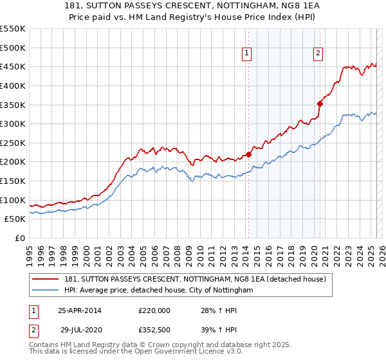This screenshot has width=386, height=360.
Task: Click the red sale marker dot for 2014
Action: (248, 154)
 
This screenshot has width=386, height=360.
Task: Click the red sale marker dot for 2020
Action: (319, 103)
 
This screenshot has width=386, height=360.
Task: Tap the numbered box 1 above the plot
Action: (248, 54)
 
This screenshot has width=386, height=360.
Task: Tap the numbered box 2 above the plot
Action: (318, 54)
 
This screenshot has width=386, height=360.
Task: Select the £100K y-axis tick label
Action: (13, 200)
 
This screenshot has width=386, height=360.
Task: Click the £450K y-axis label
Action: (13, 66)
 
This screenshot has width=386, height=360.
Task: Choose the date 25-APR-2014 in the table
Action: (80, 310)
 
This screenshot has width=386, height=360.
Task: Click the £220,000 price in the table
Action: (154, 310)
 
